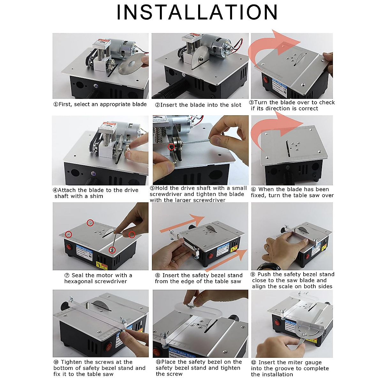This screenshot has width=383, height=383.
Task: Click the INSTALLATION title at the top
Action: pos(197,13)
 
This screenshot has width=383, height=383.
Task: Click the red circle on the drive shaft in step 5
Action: pos(172,147)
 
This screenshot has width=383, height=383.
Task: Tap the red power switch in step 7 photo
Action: pos(70,246)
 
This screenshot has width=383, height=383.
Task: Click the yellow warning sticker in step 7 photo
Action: pos(99,265)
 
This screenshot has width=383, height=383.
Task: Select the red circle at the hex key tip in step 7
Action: pos(112,250)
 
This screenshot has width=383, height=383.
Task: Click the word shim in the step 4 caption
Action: pos(96,196)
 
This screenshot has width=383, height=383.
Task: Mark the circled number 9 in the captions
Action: pos(253,274)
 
